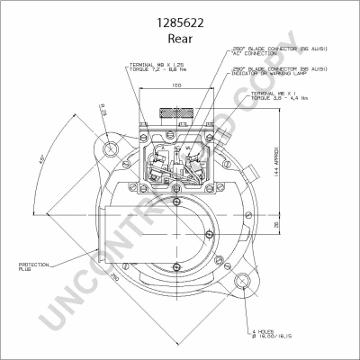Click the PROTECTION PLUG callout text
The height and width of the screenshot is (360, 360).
point(35,266)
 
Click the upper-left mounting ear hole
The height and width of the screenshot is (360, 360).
point(110,146)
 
